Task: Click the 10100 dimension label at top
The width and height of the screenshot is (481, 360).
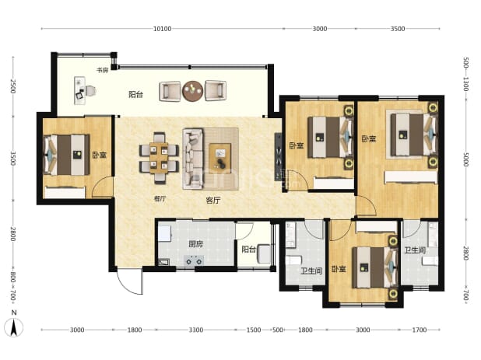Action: [162, 29]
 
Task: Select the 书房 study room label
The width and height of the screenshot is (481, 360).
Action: [103, 70]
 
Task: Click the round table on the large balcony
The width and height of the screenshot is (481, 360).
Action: [193, 91]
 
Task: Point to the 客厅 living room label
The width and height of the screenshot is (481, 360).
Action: [213, 201]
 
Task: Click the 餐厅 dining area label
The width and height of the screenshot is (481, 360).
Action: [160, 198]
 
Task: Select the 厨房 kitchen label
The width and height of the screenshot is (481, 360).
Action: [195, 244]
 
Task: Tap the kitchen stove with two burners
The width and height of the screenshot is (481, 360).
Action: [194, 260]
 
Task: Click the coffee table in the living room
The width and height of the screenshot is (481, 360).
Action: [220, 159]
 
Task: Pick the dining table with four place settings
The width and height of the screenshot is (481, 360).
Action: [159, 158]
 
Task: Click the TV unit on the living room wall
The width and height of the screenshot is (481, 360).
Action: [278, 157]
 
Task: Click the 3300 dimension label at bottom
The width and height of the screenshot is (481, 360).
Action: [195, 330]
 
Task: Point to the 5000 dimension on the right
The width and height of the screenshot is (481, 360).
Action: [466, 159]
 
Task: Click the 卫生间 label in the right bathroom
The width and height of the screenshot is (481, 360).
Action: [415, 250]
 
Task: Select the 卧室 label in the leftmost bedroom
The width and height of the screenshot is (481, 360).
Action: [100, 155]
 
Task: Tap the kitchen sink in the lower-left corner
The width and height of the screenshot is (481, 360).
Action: [163, 262]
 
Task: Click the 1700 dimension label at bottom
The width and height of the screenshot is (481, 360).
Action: [420, 330]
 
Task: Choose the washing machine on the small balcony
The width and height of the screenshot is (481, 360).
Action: [264, 253]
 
